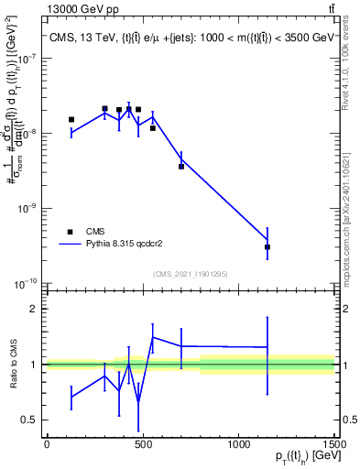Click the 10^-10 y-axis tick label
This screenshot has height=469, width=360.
[x=24, y=285]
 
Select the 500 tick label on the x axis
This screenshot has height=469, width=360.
[x=142, y=443]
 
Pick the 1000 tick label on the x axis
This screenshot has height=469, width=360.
[x=238, y=443]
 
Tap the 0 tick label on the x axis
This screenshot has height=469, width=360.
[x=47, y=443]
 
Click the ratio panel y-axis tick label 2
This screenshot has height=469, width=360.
[x=34, y=309]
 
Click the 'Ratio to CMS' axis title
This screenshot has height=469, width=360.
[x=13, y=365]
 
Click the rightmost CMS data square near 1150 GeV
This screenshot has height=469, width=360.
[x=267, y=247]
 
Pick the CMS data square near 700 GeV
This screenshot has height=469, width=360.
[x=181, y=166]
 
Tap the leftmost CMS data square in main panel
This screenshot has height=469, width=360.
[x=71, y=119]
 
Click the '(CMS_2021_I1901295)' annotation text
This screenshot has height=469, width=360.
[x=189, y=274]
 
